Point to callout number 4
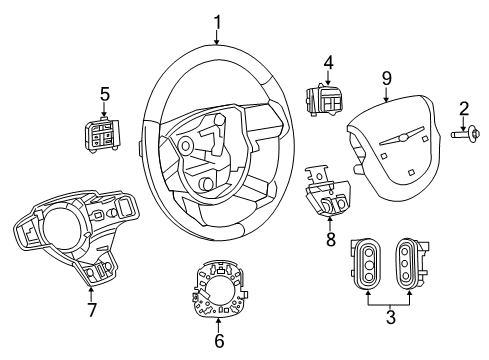tap(326, 64)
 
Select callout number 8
tap(331, 239)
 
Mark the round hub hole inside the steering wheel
tap(186, 146)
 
